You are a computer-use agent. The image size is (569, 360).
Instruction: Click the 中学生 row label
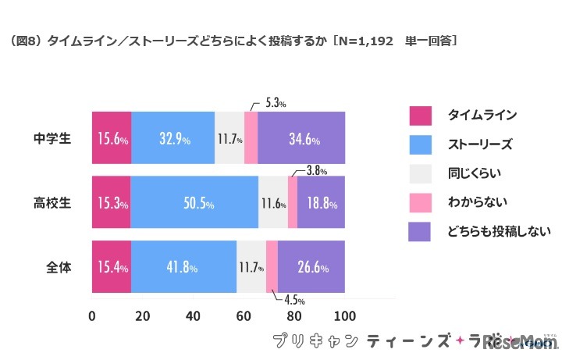pos(52,138)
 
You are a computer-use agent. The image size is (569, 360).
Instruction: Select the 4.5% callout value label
pos(293,300)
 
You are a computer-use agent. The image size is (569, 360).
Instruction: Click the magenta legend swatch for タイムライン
pos(420,116)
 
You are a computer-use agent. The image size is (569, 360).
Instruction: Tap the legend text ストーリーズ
pos(479,144)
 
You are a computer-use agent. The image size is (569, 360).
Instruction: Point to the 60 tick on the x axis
pos(244,316)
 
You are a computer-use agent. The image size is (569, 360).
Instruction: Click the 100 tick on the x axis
pos(344,316)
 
